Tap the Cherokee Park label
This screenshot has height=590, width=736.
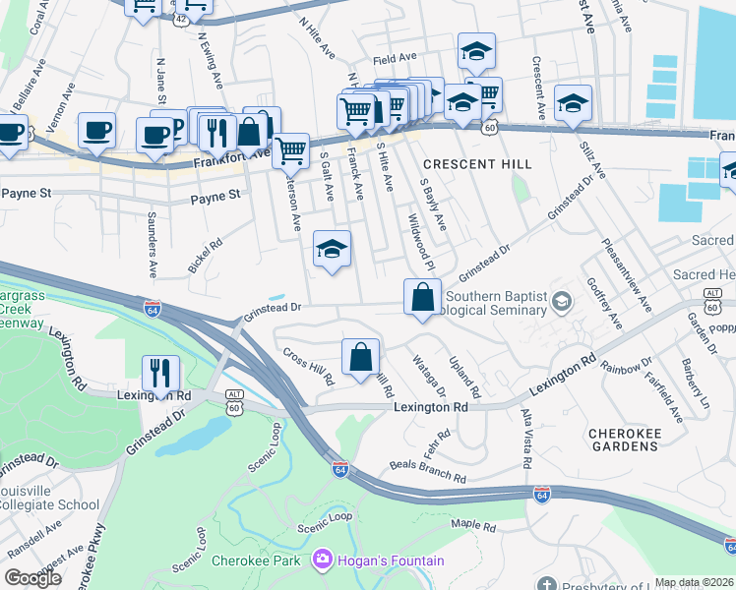pos(256,561)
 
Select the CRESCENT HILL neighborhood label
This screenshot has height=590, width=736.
pos(476,163)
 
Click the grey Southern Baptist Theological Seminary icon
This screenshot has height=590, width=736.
pos(562,300)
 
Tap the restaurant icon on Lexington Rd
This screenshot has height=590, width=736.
pos(160,374)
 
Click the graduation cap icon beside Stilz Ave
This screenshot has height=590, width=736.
pos(573,103)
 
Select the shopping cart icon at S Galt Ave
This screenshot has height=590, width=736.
pos(290,151)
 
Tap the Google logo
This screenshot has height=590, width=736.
pos(32,578)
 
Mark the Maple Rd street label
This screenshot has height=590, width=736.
pos(473,526)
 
